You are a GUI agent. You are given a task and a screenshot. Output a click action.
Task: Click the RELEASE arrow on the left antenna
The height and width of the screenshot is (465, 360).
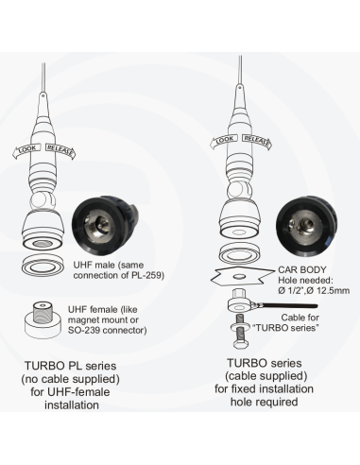pos(61,147)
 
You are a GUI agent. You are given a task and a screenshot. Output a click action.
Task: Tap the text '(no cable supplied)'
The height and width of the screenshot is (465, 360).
pos(69,380)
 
